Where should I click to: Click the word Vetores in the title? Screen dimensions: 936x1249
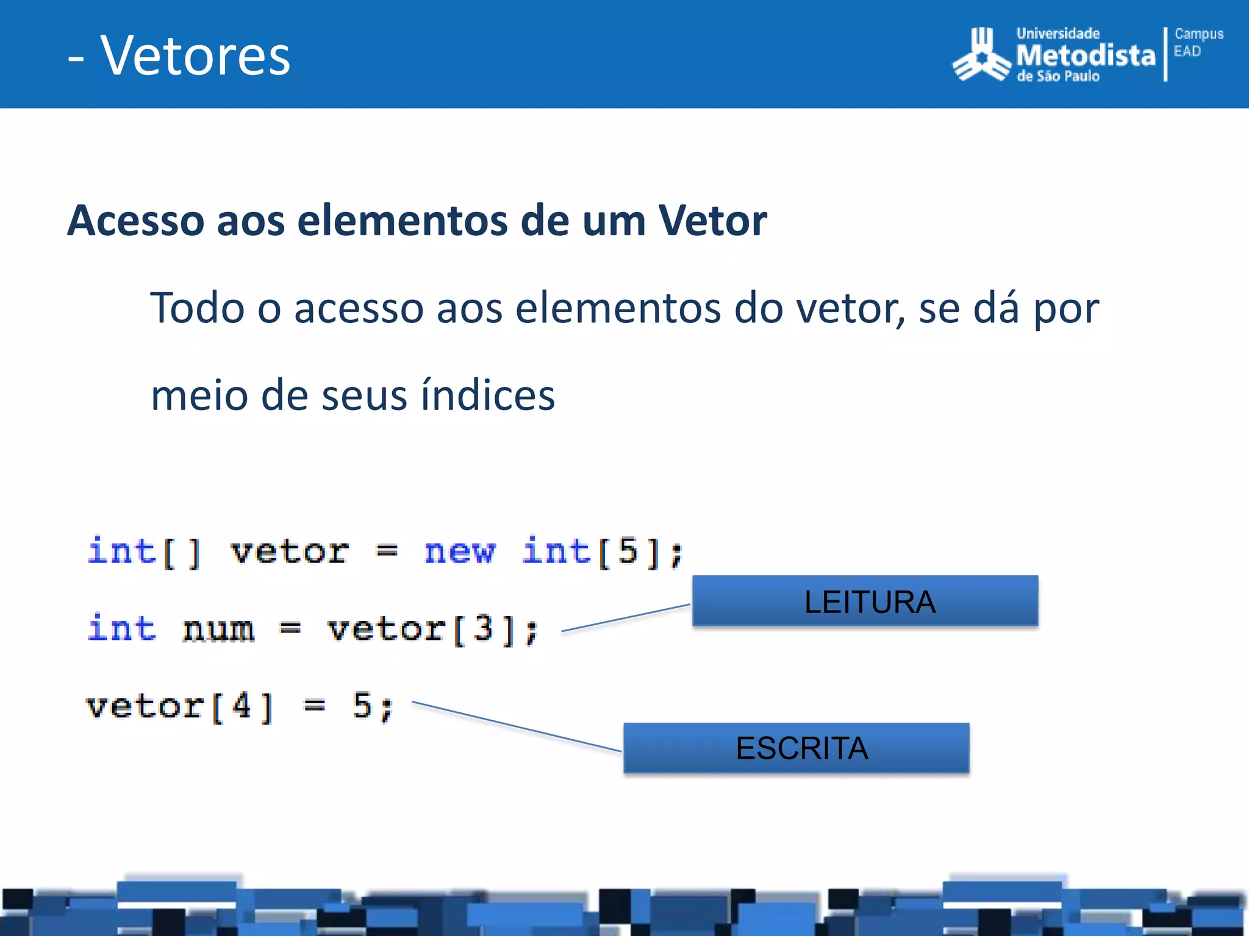(195, 56)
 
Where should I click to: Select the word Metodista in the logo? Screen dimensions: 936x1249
(1086, 55)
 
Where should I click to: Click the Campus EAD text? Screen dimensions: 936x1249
(1198, 43)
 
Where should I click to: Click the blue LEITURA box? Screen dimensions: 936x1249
(865, 601)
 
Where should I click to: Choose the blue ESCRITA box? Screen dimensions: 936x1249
(796, 748)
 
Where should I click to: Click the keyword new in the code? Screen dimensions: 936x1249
(460, 552)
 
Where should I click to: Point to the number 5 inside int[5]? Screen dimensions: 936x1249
(628, 551)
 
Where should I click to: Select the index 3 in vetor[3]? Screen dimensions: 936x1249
(482, 628)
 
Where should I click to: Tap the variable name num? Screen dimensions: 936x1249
(218, 629)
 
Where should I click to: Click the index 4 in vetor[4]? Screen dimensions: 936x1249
(242, 706)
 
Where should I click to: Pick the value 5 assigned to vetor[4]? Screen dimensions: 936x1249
(362, 706)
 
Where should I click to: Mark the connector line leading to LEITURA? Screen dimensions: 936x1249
(626, 618)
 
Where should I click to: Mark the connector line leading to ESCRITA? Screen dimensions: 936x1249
(516, 726)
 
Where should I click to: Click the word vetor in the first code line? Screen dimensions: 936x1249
(289, 552)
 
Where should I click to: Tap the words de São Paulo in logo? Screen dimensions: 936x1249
(1058, 77)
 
